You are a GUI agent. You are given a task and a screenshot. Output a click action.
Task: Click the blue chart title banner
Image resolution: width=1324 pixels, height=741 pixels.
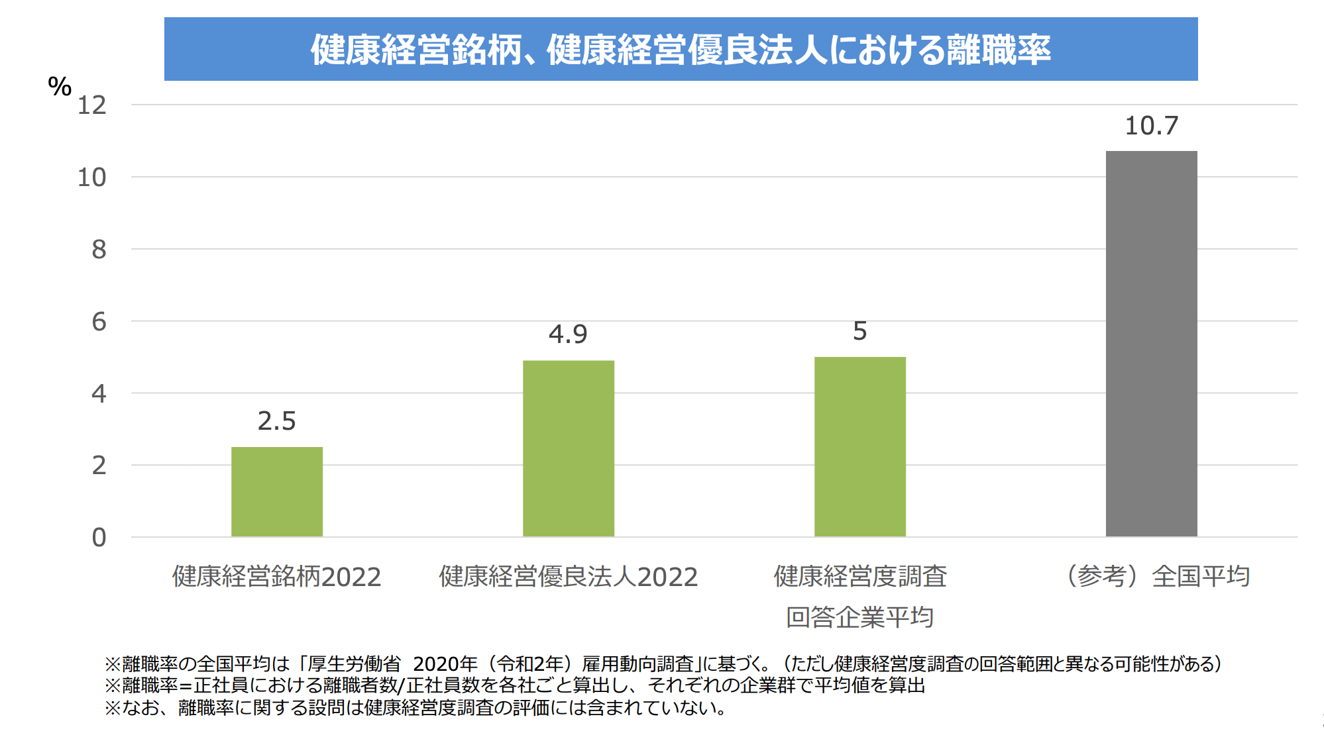[x=681, y=49]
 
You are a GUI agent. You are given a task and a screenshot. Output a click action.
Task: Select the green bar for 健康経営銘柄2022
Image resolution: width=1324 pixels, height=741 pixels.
[x=277, y=491]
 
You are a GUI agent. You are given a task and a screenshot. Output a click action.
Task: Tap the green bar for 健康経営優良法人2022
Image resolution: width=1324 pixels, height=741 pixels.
[x=568, y=448]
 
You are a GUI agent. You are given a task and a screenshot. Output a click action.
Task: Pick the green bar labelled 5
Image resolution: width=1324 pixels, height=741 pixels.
[x=859, y=446]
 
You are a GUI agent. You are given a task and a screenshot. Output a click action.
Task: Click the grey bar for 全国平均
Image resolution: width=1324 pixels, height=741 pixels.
[x=1151, y=344]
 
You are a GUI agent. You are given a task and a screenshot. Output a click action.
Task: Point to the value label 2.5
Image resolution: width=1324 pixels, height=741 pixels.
[x=277, y=421]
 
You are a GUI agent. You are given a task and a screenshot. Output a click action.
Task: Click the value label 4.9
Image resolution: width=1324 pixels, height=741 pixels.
[x=568, y=334]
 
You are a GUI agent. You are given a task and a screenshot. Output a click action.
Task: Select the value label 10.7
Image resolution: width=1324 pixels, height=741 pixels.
[x=1152, y=126]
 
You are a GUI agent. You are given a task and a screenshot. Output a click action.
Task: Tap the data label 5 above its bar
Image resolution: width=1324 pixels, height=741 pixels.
[x=859, y=331]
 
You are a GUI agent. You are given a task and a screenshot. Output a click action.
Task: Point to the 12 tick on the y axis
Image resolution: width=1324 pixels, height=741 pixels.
[x=92, y=105]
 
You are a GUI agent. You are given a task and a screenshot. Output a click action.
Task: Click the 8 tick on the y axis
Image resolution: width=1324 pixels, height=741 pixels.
[x=99, y=250]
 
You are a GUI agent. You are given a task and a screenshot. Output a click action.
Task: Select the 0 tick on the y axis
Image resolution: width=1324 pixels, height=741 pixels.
[x=99, y=538]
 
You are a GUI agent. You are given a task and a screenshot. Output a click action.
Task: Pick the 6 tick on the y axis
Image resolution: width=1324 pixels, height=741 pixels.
[x=99, y=322]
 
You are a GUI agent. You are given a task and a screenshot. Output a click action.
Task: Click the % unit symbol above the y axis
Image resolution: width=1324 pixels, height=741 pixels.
[x=60, y=87]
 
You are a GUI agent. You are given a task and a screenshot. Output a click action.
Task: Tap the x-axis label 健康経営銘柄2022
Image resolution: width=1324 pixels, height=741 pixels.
[x=277, y=577]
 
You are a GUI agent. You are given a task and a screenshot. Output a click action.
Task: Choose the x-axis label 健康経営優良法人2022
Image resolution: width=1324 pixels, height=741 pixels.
[x=568, y=577]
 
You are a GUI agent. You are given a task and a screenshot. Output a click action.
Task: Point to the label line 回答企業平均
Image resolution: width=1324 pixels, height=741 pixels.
[x=859, y=617]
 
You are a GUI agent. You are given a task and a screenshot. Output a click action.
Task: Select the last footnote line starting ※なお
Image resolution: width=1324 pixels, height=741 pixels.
[x=415, y=707]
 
